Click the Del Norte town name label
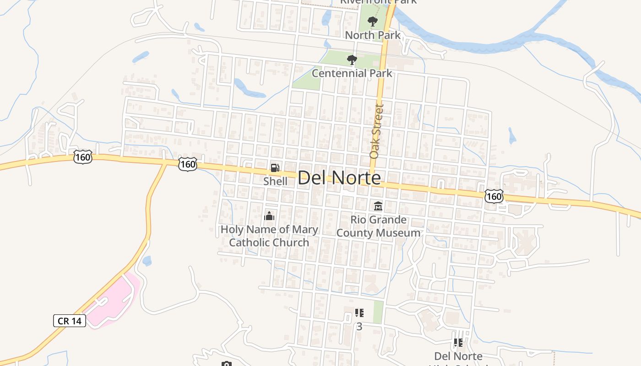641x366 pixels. pyautogui.click(x=339, y=178)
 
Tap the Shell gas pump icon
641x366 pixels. pyautogui.click(x=275, y=168)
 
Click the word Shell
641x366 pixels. pyautogui.click(x=275, y=181)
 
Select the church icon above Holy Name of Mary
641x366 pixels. pyautogui.click(x=269, y=215)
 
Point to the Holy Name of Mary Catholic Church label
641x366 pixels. pyautogui.click(x=269, y=236)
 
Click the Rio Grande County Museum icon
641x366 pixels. pyautogui.click(x=378, y=206)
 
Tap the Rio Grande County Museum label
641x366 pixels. pyautogui.click(x=378, y=226)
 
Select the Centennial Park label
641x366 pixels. pyautogui.click(x=352, y=73)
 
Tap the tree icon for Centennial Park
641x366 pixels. pyautogui.click(x=352, y=60)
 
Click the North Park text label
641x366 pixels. pyautogui.click(x=373, y=35)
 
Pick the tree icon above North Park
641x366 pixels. pyautogui.click(x=373, y=22)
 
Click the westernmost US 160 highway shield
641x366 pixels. pyautogui.click(x=82, y=157)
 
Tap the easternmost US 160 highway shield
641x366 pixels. pyautogui.click(x=494, y=196)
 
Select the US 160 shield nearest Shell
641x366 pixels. pyautogui.click(x=188, y=164)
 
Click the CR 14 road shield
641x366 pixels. pyautogui.click(x=70, y=321)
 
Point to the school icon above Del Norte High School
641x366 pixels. pyautogui.click(x=458, y=342)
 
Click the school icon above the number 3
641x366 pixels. pyautogui.click(x=359, y=313)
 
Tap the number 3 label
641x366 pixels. pyautogui.click(x=359, y=327)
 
